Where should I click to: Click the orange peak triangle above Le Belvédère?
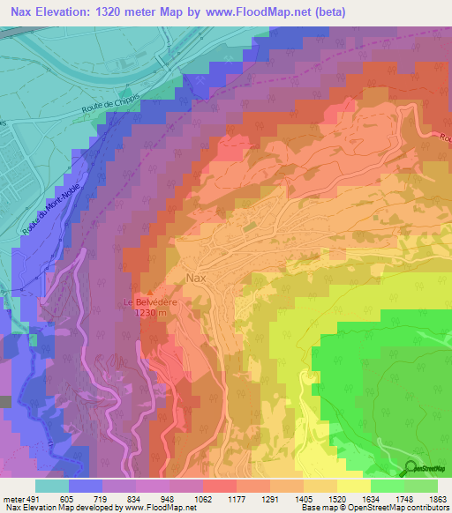[x=150, y=293]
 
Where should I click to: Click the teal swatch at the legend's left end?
[x=52, y=486]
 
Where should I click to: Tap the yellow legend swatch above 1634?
[x=353, y=486]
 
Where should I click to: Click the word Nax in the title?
[x=23, y=11]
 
